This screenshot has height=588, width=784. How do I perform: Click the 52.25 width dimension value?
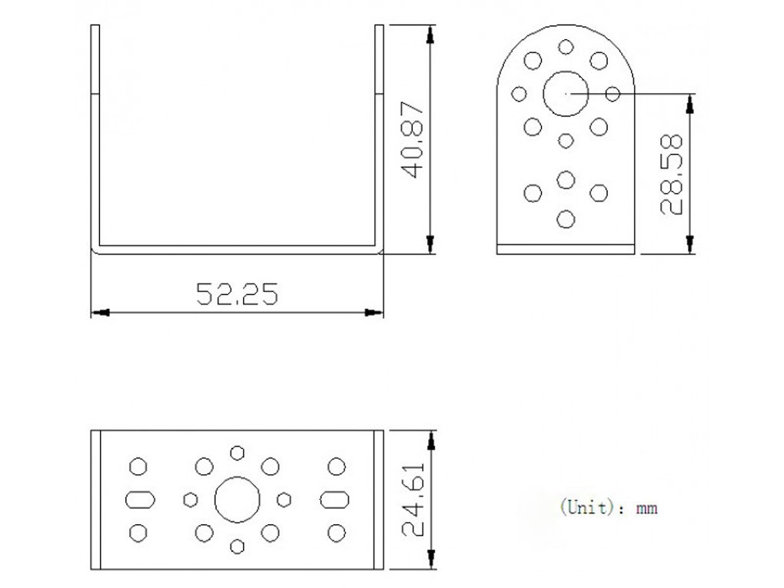click(x=237, y=294)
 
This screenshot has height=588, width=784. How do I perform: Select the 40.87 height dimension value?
click(x=414, y=141)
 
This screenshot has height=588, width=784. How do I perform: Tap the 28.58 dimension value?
click(x=672, y=174)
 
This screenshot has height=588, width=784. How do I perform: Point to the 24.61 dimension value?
click(x=414, y=500)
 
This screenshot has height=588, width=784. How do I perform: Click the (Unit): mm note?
click(x=609, y=507)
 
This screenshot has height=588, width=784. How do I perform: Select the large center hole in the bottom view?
click(x=237, y=500)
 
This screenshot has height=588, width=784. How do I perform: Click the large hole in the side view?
click(x=566, y=94)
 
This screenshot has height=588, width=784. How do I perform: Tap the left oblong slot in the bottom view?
click(x=139, y=500)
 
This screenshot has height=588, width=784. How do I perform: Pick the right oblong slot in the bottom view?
click(x=334, y=500)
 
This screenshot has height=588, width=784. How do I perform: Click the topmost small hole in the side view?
click(x=566, y=46)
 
